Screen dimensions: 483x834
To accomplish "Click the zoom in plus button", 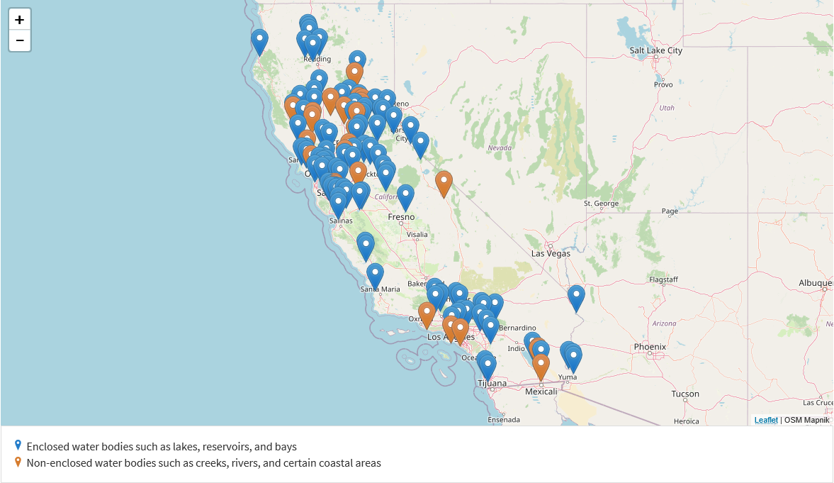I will coord(20,20).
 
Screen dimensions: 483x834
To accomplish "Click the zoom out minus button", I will coord(20,41).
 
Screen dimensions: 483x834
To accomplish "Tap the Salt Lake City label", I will coord(655,50).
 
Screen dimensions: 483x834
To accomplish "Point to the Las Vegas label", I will coord(551,253).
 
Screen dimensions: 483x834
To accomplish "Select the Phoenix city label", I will coord(650,347).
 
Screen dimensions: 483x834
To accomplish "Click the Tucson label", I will coord(684,394).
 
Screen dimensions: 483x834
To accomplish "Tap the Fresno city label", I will coord(401,216).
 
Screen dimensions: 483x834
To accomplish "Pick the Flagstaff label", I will coord(663,279).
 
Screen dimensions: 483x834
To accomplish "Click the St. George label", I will coord(601,204).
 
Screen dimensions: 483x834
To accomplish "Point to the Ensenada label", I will coord(504,420).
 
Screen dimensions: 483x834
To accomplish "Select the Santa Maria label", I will coord(380,289).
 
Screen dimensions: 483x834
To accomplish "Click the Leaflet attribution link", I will coord(766,420).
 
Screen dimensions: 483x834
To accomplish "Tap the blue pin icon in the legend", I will coord(18,445).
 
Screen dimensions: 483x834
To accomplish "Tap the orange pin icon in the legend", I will coord(18,462).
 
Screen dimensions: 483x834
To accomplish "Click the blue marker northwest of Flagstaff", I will coord(576,296).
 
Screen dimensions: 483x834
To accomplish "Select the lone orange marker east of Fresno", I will coord(444,182).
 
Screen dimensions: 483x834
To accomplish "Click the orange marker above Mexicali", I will coord(541,366).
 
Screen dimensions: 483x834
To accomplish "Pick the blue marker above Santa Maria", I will coord(375,274).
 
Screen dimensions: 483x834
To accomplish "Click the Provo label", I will coord(663,84).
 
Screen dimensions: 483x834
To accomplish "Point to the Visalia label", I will coord(417,234).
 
